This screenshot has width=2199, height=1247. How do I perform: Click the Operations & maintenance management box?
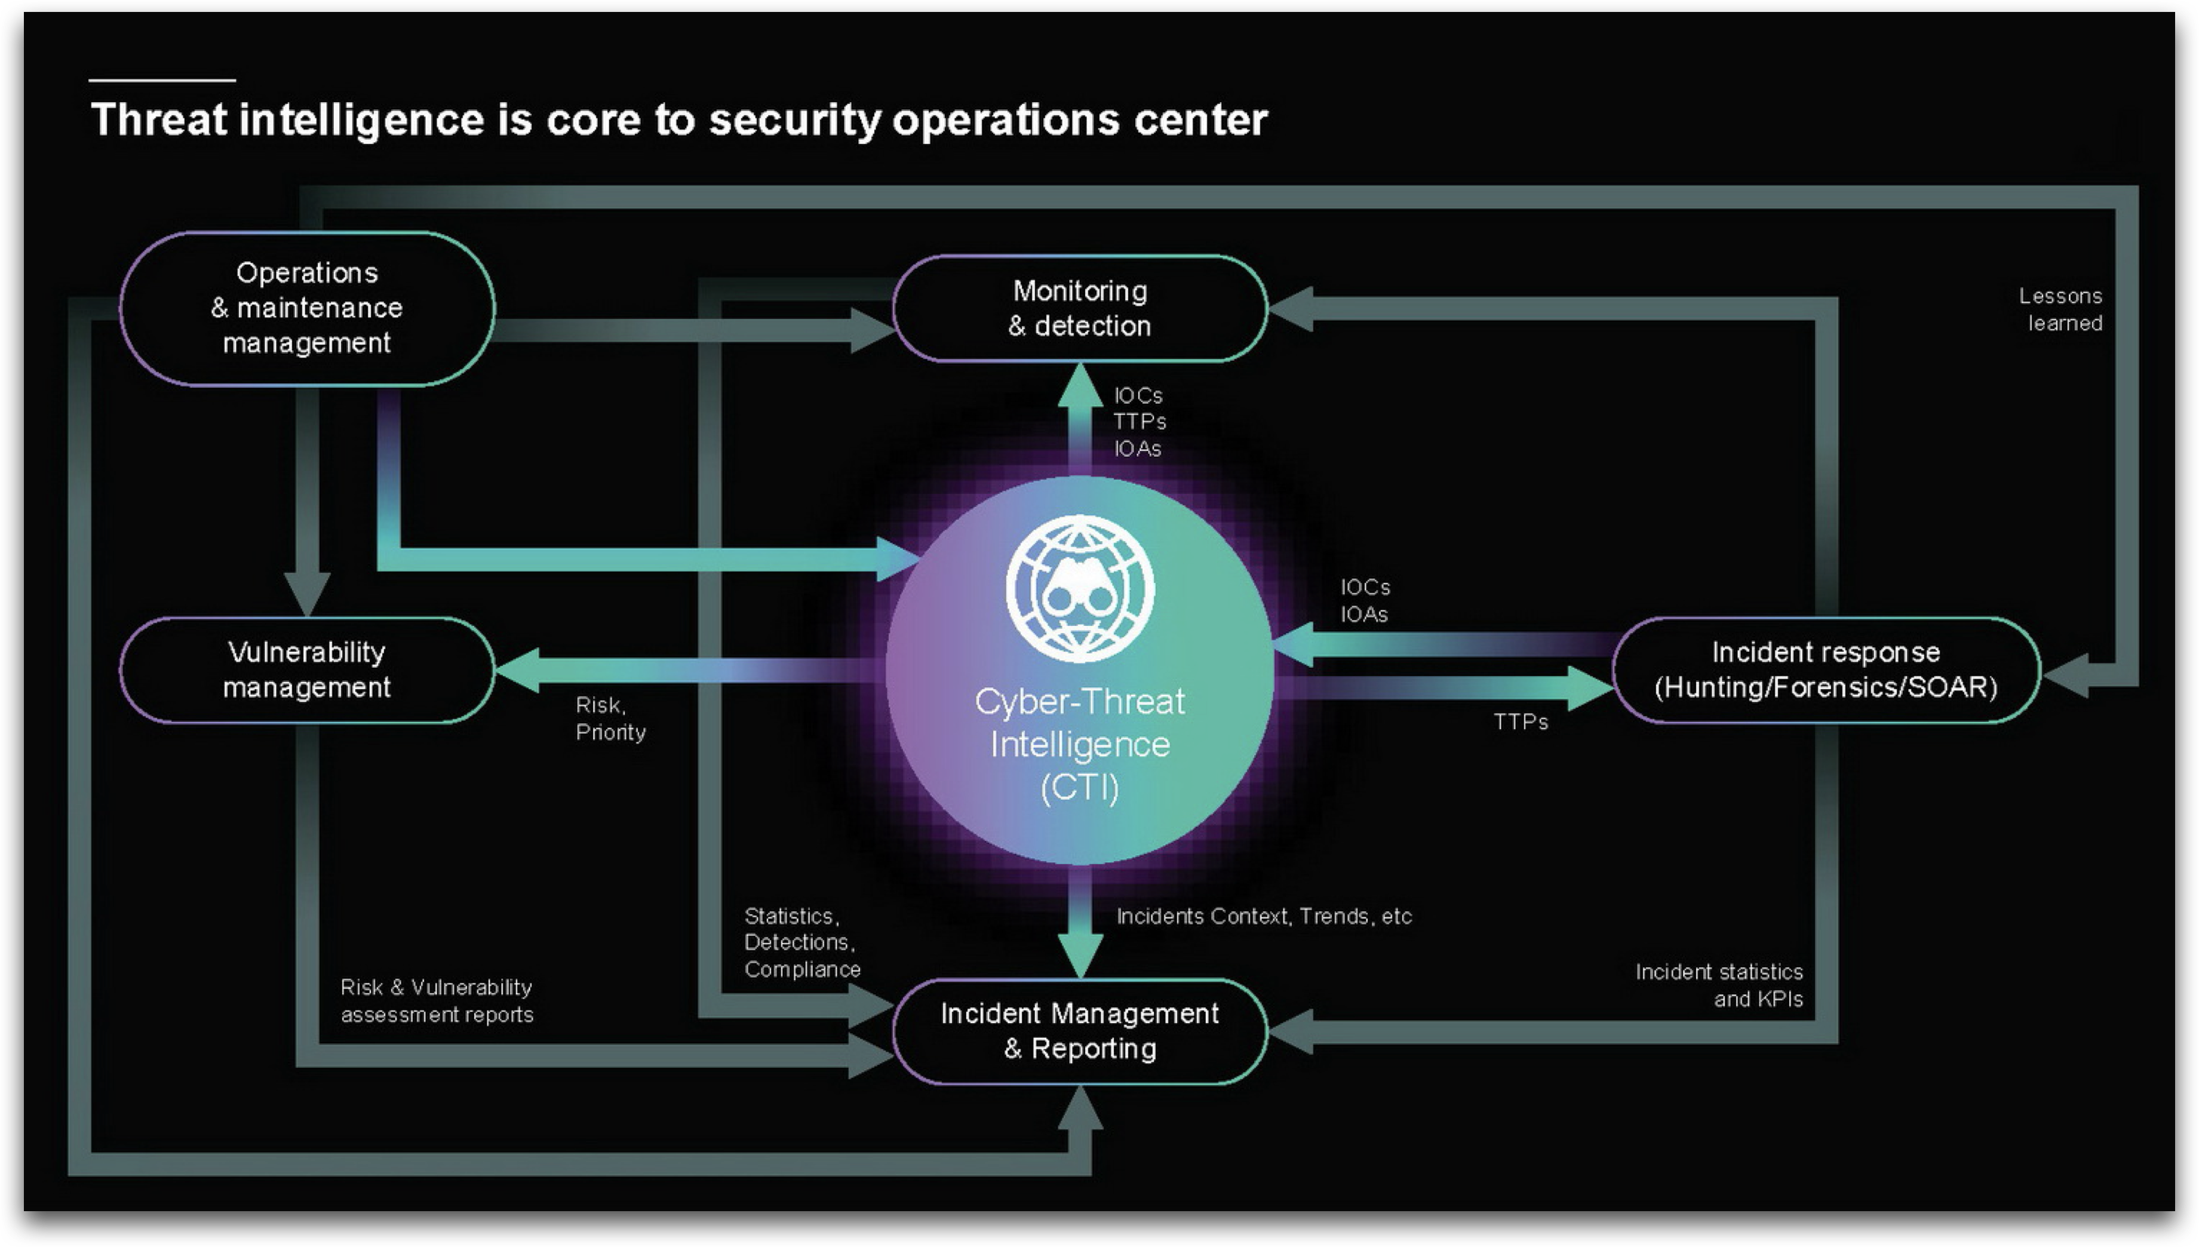pyautogui.click(x=306, y=308)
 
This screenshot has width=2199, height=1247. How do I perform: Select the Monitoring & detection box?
pyautogui.click(x=1079, y=308)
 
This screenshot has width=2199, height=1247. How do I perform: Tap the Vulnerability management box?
pyautogui.click(x=306, y=669)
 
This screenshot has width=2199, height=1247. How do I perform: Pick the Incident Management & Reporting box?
pyautogui.click(x=1079, y=1031)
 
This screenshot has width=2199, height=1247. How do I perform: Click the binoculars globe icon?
pyautogui.click(x=1079, y=588)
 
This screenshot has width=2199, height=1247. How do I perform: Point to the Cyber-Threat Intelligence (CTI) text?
pyautogui.click(x=1079, y=744)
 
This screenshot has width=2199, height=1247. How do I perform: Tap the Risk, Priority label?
pyautogui.click(x=610, y=718)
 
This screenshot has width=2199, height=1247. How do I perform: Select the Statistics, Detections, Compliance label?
pyautogui.click(x=801, y=942)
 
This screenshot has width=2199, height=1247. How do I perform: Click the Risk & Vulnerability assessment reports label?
pyautogui.click(x=437, y=1000)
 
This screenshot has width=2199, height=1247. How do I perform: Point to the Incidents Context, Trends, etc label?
pyautogui.click(x=1263, y=916)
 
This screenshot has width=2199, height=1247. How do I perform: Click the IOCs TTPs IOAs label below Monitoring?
pyautogui.click(x=1139, y=422)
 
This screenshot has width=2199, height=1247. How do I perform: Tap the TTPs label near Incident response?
pyautogui.click(x=1520, y=722)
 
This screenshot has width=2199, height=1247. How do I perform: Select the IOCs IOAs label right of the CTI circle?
pyautogui.click(x=1364, y=600)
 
